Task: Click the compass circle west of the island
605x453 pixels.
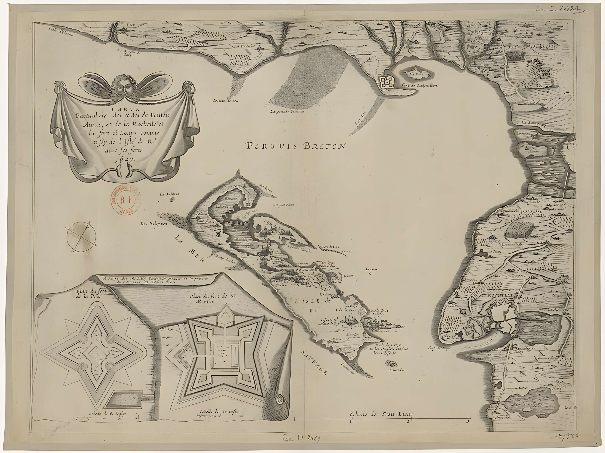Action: click(81, 237)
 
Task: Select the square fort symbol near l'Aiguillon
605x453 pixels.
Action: click(386, 82)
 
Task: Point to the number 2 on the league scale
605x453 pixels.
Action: click(408, 421)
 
